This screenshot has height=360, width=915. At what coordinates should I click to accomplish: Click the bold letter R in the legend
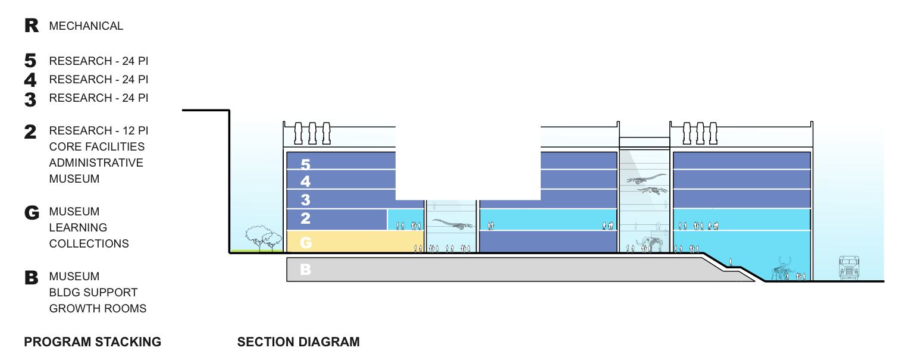pos(32,26)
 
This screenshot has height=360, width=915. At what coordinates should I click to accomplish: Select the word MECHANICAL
pos(86,26)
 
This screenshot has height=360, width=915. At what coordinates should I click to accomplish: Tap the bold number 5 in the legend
pos(31,61)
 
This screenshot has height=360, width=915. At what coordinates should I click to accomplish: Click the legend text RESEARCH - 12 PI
pos(99,130)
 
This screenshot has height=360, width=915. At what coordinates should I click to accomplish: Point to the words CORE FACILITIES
pos(97,146)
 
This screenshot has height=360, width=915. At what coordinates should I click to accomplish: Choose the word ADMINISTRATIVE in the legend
pos(96,162)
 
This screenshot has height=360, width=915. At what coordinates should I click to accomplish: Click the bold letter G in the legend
pos(32,212)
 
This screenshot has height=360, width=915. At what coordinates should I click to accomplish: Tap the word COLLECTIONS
pos(89,243)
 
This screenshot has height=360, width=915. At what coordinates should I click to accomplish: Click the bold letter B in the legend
pos(32,277)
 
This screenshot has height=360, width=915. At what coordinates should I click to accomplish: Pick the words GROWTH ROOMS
pos(98,308)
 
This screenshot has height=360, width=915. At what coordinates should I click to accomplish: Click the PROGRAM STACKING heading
pos(93,342)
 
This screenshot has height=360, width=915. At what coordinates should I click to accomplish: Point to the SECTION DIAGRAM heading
pos(299,342)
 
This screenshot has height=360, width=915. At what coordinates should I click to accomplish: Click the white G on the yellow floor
pos(306,242)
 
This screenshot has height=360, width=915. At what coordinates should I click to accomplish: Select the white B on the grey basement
pos(305,270)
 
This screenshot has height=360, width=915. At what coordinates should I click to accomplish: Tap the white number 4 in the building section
pos(305,181)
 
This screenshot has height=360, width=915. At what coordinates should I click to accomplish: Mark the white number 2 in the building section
pos(305,218)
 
